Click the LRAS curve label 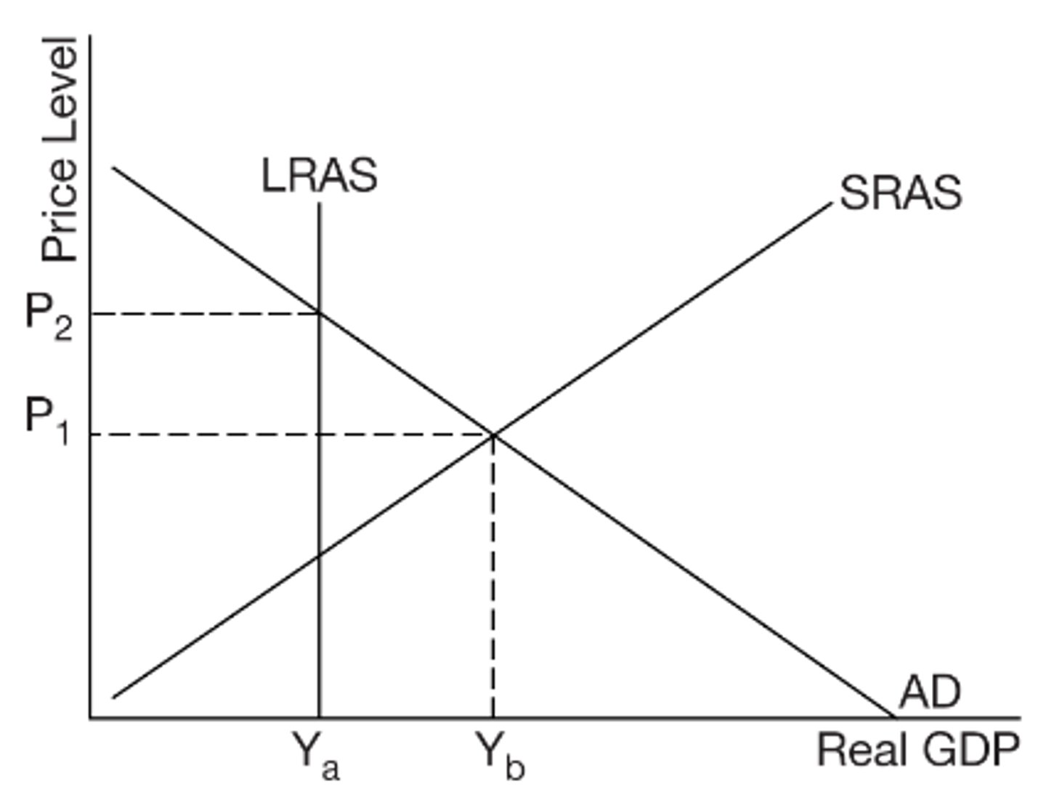(319, 177)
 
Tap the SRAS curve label (900, 193)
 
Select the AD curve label (929, 692)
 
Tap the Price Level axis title (60, 149)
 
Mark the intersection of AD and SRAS (493, 435)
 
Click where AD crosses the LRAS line (319, 313)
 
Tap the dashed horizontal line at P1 (291, 435)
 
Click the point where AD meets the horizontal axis (893, 718)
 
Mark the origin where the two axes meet (90, 719)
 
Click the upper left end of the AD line (113, 168)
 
